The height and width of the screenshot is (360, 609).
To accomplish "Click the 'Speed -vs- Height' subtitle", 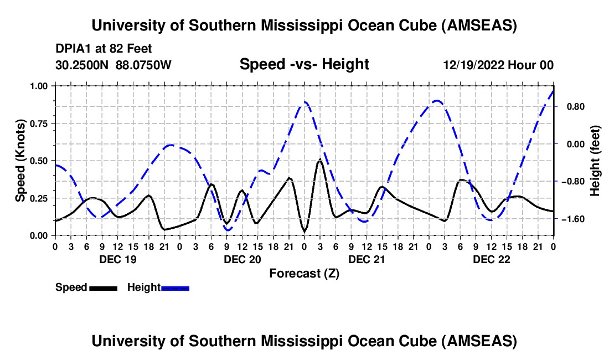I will pos(304,65).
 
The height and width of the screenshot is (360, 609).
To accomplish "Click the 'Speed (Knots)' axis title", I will pos(20,161).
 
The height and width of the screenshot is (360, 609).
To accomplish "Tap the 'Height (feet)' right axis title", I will pos(595,161).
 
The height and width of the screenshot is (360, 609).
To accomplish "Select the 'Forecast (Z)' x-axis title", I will pos(304,273).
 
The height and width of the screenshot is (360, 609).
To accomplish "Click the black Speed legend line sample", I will pos(102,287).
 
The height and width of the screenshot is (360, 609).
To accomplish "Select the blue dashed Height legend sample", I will pos(176,287).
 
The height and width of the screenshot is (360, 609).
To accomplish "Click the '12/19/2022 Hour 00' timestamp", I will pos(498,65).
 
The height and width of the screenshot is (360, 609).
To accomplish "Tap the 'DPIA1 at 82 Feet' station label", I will pos(104,49).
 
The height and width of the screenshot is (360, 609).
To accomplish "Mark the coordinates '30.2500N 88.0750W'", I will pos(113,65).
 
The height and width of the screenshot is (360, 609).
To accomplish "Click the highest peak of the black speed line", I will pos(319,160).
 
